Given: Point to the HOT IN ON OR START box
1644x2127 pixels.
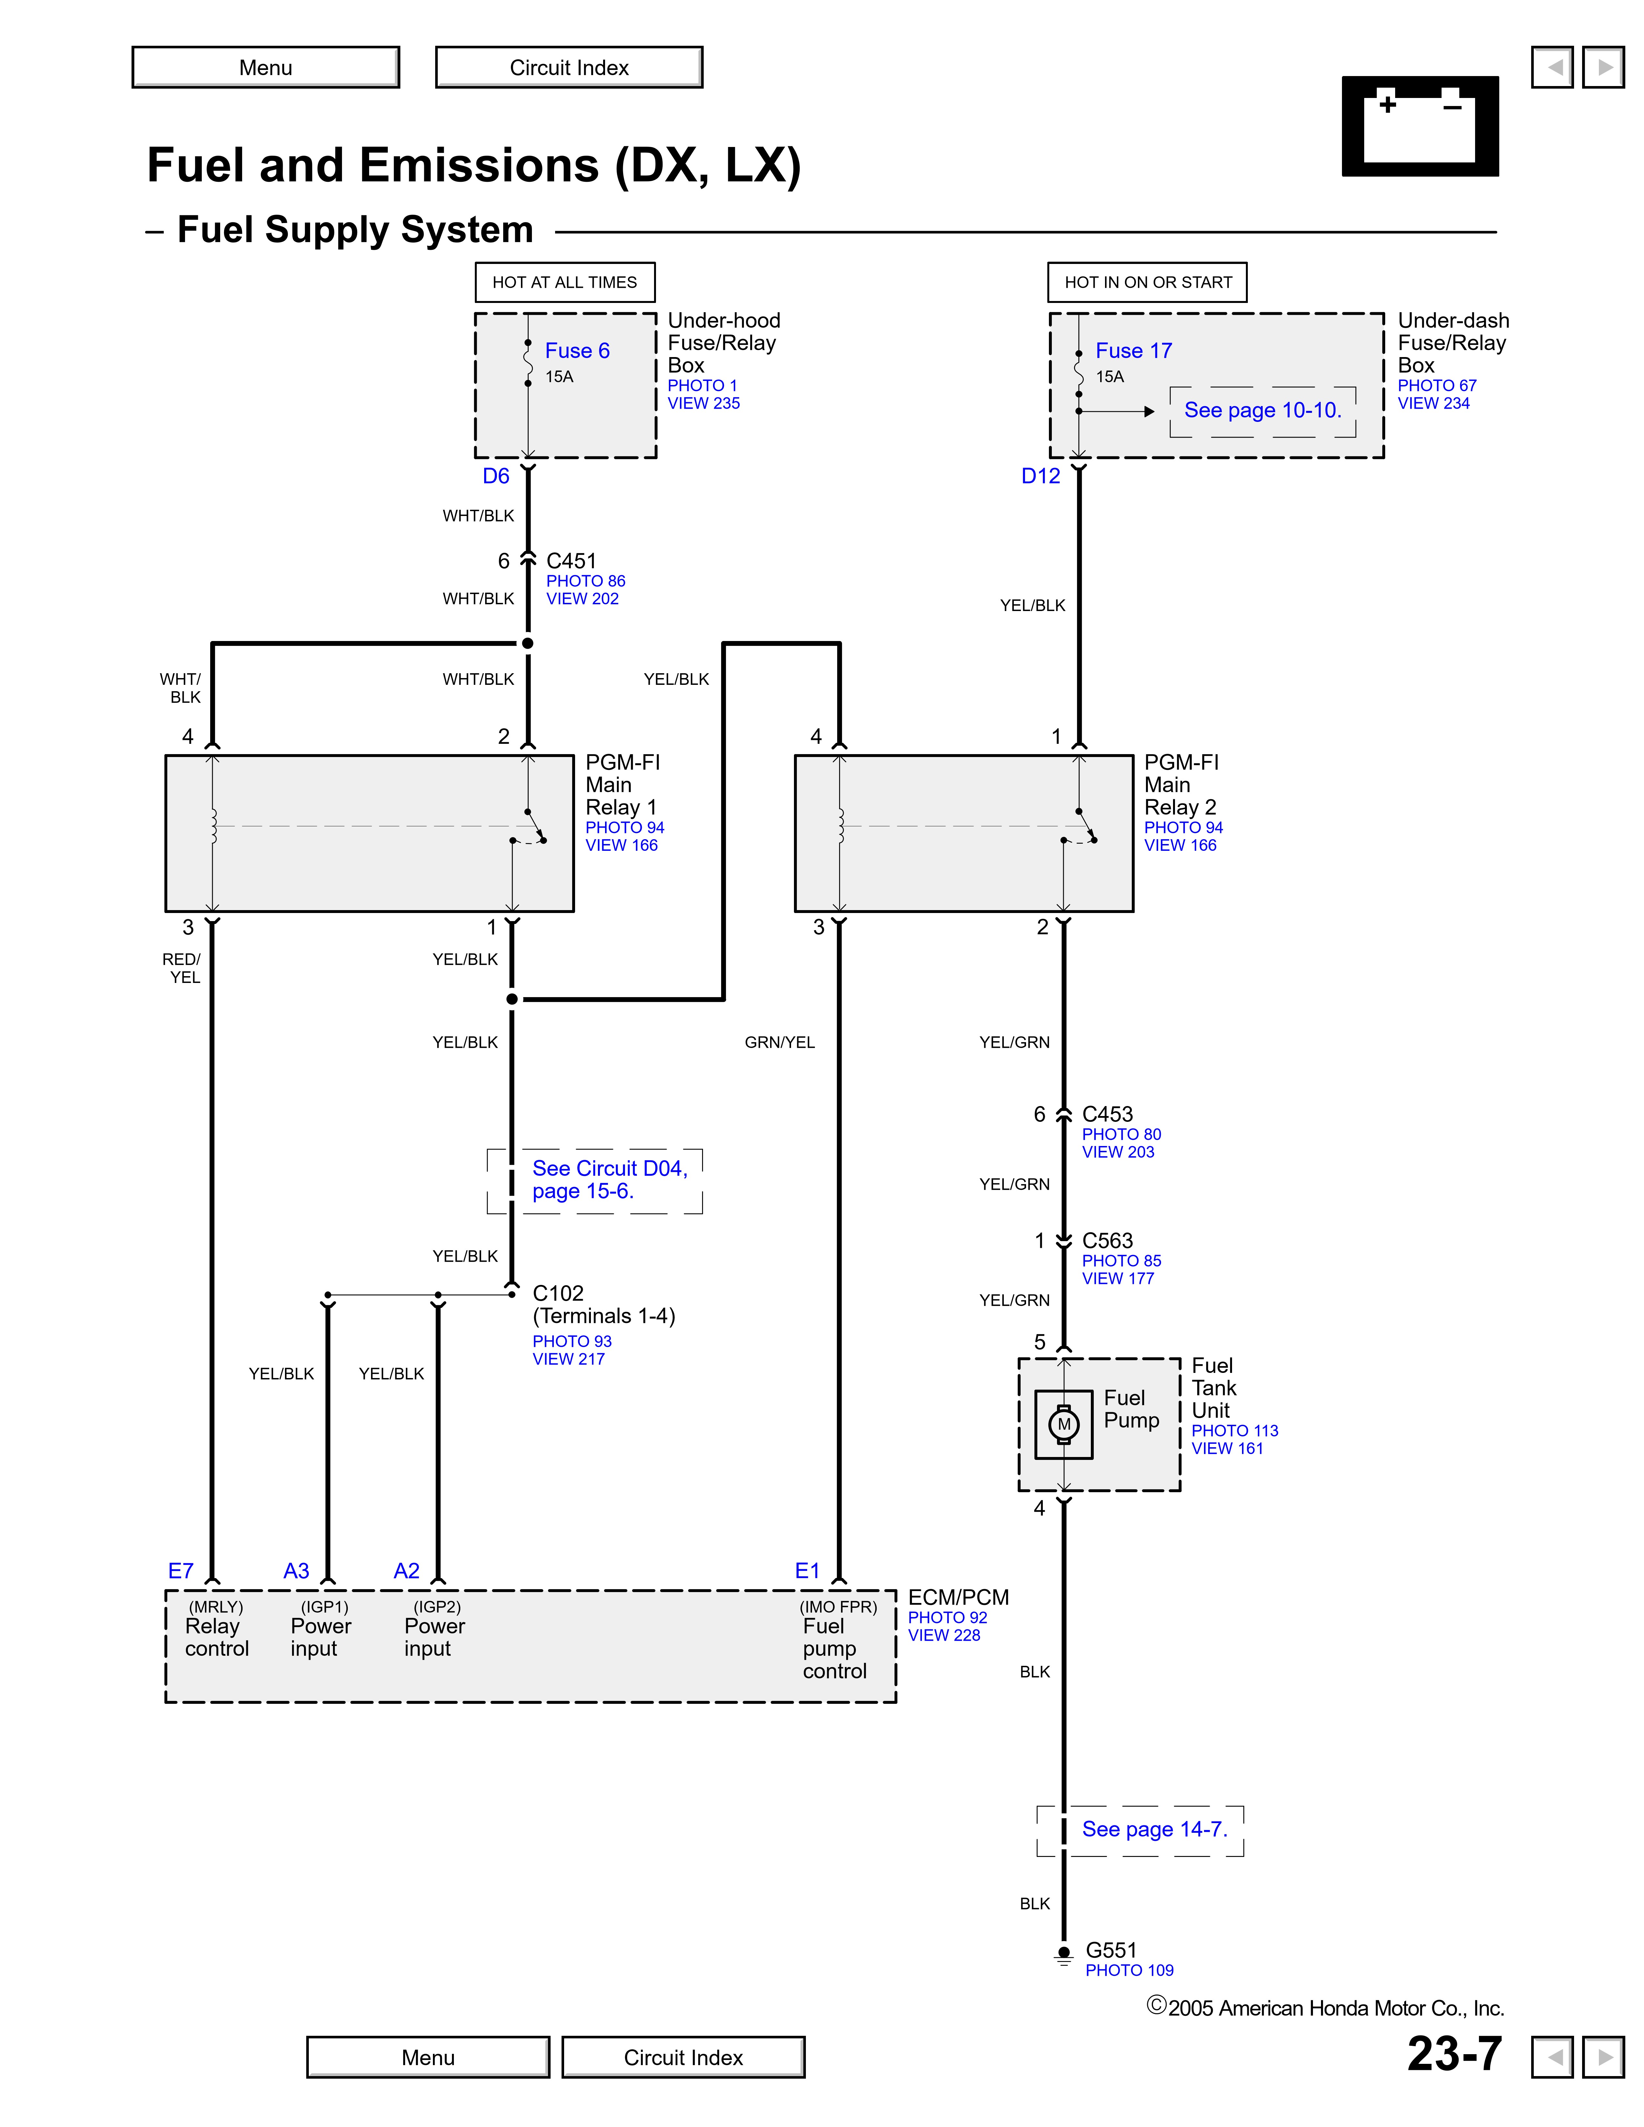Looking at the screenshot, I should (1147, 282).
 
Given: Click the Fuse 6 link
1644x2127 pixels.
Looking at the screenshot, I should (577, 351).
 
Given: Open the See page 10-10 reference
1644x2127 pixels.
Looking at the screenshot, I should (1262, 410).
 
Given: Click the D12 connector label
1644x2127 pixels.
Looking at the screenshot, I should (1040, 476).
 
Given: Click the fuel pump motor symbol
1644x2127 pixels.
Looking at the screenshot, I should (1063, 1424).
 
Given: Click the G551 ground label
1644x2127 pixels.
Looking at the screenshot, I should (1110, 1950).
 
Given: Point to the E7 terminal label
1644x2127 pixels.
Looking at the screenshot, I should (181, 1571).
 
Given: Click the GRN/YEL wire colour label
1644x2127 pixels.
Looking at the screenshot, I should (779, 1042).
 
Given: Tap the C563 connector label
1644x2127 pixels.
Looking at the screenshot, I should (1107, 1241).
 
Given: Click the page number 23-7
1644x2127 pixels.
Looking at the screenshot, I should (1454, 2054).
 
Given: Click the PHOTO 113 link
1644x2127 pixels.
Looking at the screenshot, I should (1234, 1431).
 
